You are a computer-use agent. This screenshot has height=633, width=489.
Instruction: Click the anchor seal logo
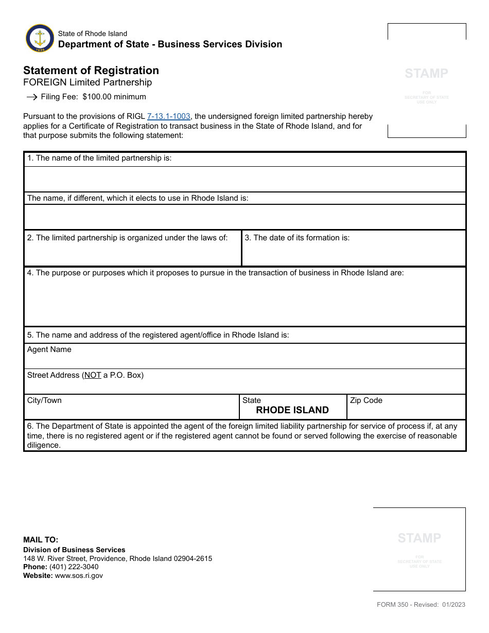(40, 38)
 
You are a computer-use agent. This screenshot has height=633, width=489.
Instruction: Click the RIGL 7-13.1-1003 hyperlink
(169, 116)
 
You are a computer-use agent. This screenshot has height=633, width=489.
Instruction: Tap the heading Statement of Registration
(91, 71)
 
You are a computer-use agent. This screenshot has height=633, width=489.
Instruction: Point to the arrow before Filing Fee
(31, 97)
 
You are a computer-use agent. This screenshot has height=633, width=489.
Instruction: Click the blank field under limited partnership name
(244, 179)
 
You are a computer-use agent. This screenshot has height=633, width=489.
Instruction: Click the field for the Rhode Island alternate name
(244, 217)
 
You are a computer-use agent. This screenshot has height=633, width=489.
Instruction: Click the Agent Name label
(49, 349)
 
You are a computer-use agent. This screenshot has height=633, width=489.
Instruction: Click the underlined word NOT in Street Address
(93, 375)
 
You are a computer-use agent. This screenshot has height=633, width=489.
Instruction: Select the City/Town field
(131, 410)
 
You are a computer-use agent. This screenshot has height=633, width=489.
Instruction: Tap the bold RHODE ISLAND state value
(292, 410)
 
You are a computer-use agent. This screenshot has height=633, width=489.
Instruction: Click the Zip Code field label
(366, 400)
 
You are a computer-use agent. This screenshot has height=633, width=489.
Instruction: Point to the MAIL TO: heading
(41, 540)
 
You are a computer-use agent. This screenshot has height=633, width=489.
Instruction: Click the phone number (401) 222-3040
(74, 567)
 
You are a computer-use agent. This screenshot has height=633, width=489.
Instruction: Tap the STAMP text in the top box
(426, 73)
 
